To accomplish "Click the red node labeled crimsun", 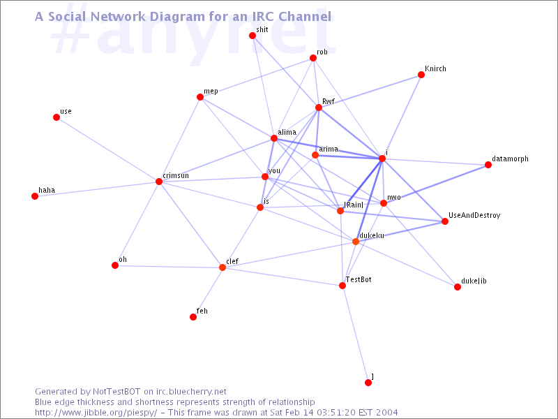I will [159, 182].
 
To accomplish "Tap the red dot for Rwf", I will [319, 108].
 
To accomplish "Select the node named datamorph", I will [488, 165].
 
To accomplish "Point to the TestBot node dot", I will [342, 286].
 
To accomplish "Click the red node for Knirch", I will [421, 75].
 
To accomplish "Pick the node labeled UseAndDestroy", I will [445, 221].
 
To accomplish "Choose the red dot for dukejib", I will [458, 287].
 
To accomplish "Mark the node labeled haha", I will [35, 196].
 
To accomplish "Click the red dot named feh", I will [193, 317].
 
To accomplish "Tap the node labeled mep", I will [200, 97].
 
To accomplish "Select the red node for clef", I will [223, 267].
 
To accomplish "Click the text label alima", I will [287, 132].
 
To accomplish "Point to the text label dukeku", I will [372, 236].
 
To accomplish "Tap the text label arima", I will [329, 149].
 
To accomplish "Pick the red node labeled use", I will [56, 117].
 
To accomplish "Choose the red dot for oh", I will [115, 265].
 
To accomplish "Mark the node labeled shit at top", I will [252, 36].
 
